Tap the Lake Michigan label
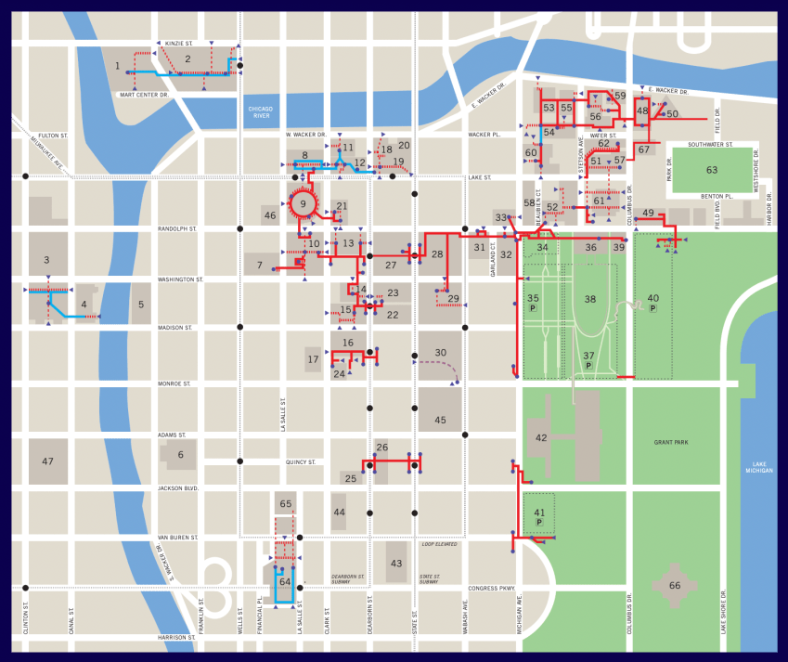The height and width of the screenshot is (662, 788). (x=758, y=466)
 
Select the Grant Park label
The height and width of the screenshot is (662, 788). (x=669, y=443)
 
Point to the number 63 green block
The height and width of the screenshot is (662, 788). (x=712, y=170)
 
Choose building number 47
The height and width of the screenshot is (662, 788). (x=47, y=461)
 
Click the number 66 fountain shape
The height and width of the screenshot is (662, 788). (x=675, y=585)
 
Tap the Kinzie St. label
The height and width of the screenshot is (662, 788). (x=178, y=43)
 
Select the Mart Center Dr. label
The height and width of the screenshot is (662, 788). (x=144, y=95)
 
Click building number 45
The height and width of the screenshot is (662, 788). (x=440, y=420)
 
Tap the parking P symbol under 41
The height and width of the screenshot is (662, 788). (x=539, y=523)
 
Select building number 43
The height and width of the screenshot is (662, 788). (x=396, y=564)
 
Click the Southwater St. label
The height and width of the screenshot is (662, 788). (x=710, y=145)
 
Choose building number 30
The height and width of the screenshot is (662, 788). (x=441, y=353)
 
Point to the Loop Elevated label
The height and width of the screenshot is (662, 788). (x=441, y=545)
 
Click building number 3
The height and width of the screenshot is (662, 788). (x=46, y=261)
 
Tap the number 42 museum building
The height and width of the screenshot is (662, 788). (x=541, y=437)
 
